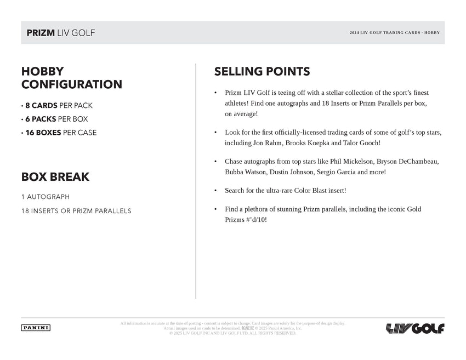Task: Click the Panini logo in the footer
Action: coord(36,328)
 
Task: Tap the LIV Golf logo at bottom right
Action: coord(415,328)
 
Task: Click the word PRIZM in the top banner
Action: coord(41,33)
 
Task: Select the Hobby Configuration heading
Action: coord(71,78)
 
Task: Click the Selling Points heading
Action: coord(262,71)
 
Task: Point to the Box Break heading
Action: coord(55,177)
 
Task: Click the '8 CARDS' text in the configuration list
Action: coord(41,105)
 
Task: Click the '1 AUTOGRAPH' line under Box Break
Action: coord(46,197)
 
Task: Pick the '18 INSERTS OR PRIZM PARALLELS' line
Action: coord(76,211)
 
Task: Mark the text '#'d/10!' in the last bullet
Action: coord(253,220)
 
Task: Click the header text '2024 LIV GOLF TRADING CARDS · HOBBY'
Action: coord(394,33)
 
